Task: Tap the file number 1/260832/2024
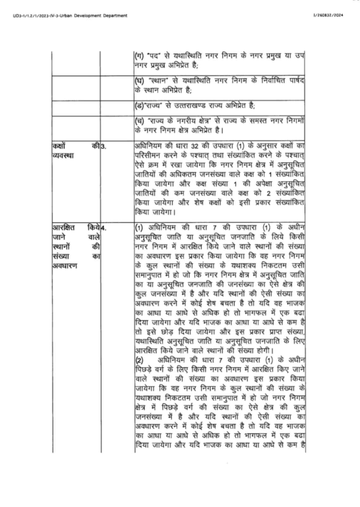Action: pyautogui.click(x=328, y=15)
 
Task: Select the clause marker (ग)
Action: pyautogui.click(x=139, y=57)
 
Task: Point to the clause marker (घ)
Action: pyautogui.click(x=139, y=81)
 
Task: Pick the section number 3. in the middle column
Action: pyautogui.click(x=104, y=146)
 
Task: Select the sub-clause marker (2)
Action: pyautogui.click(x=139, y=360)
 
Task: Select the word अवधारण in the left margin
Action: pyautogui.click(x=64, y=265)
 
